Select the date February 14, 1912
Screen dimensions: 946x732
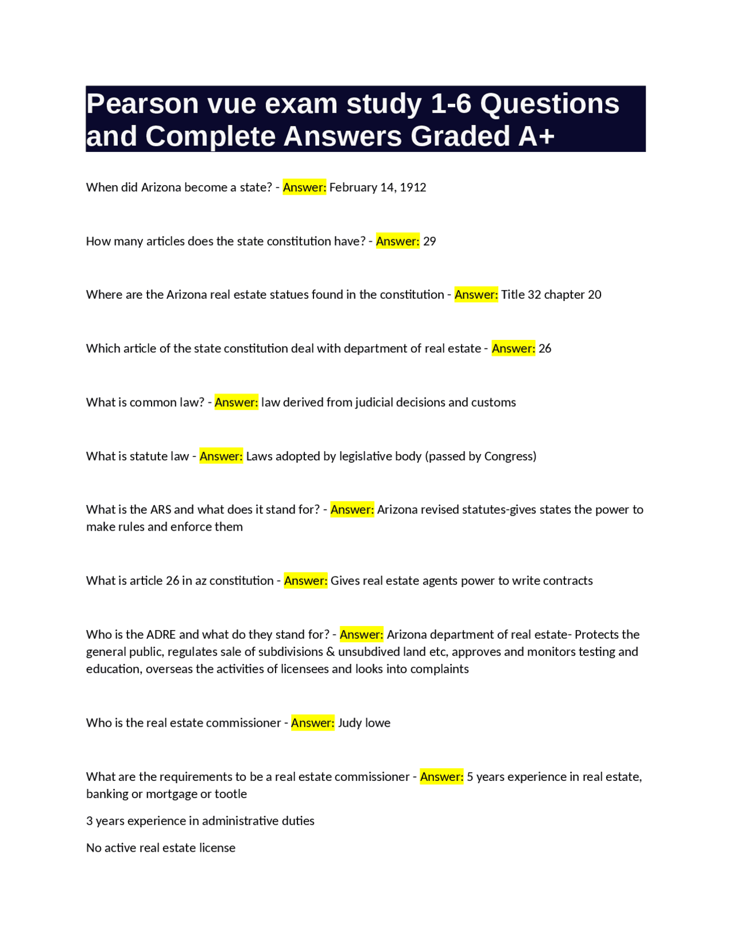pos(377,187)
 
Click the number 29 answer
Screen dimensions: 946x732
pos(429,241)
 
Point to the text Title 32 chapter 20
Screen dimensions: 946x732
pos(551,295)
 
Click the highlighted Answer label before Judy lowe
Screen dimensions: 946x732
pos(313,723)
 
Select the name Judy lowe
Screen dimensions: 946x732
pos(364,723)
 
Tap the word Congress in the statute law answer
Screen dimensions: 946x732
pos(508,456)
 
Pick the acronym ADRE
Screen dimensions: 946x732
pos(161,634)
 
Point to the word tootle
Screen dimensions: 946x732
pos(230,793)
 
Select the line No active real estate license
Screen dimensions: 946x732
pos(161,848)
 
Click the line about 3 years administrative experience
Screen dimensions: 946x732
pos(200,821)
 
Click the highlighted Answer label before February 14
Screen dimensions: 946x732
pos(304,187)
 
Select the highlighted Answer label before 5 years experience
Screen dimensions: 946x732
pos(441,776)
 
